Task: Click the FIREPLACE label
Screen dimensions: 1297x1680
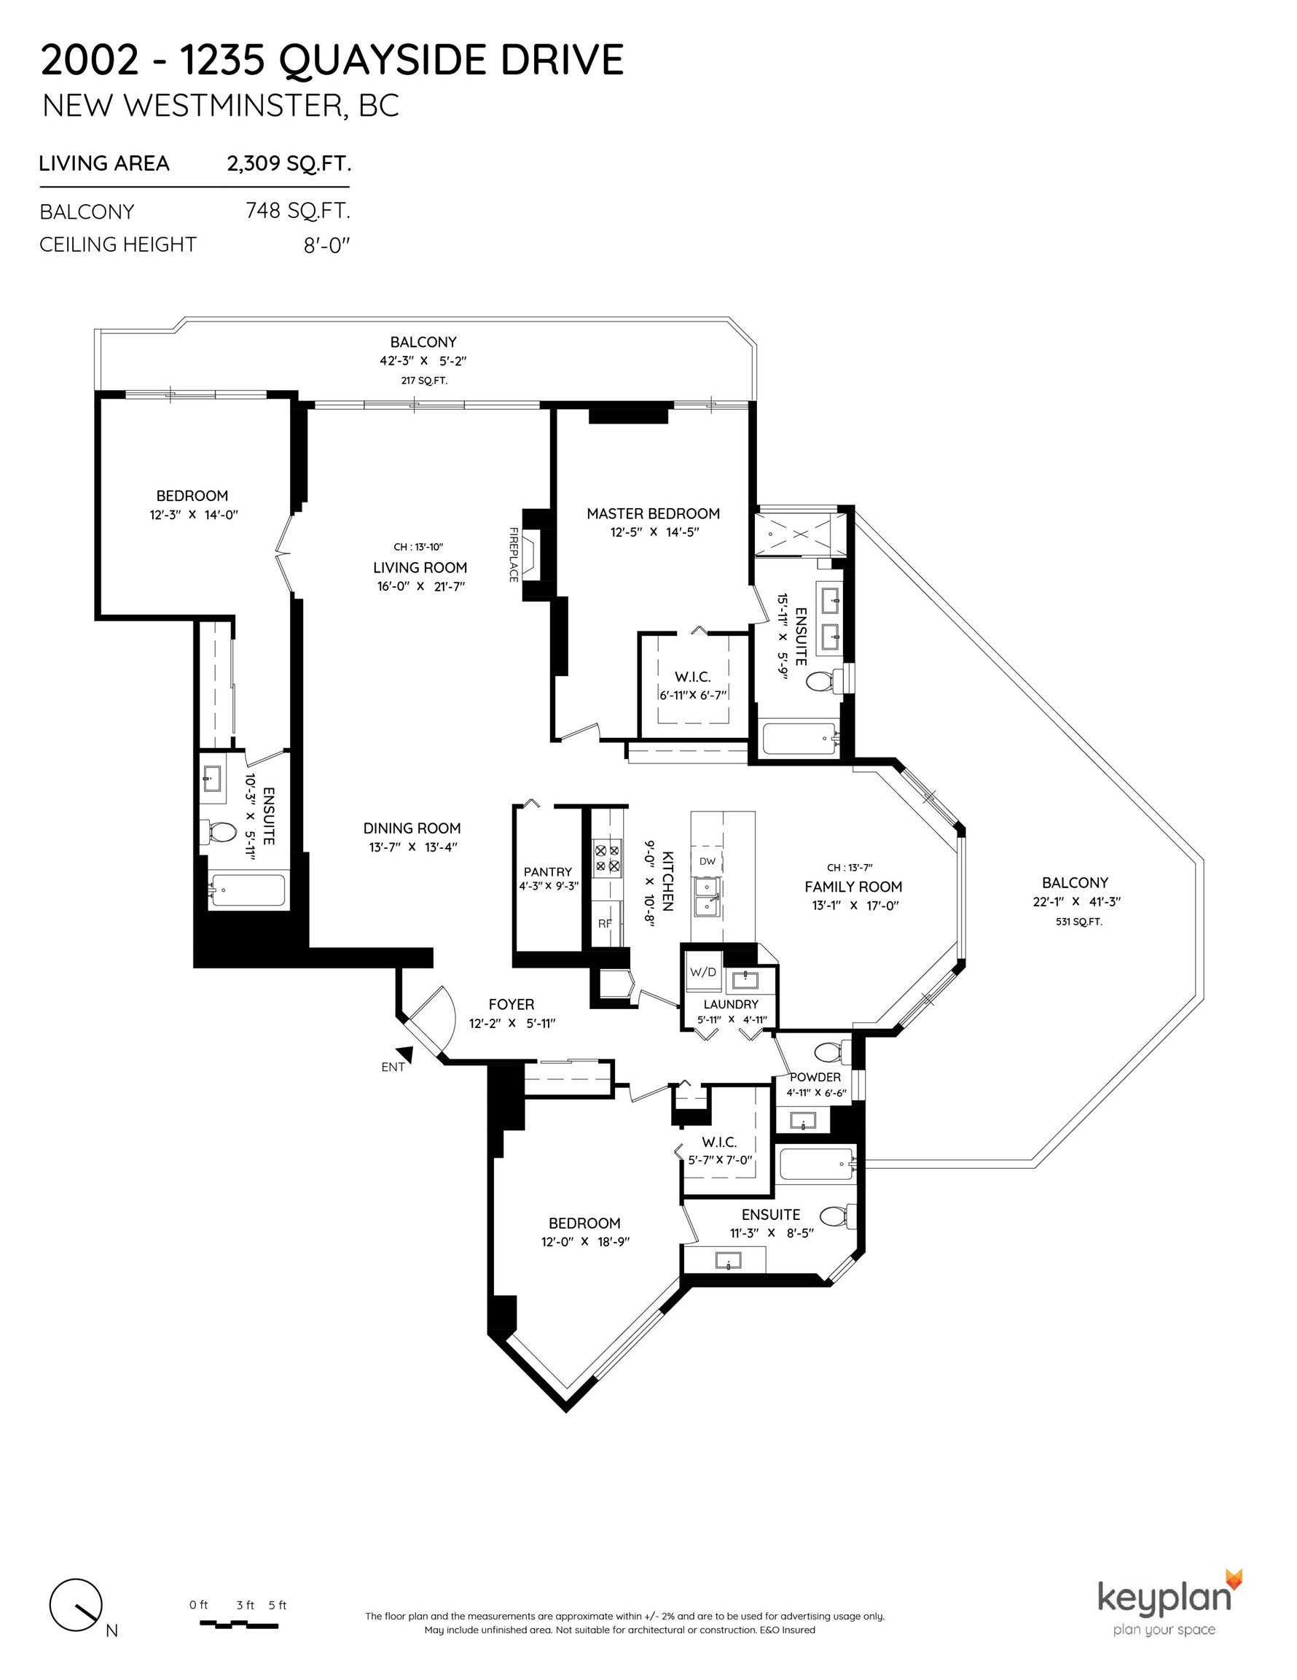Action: pos(514,554)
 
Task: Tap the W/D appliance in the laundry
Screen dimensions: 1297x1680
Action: pos(702,971)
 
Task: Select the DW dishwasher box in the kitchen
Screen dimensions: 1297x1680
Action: pos(708,860)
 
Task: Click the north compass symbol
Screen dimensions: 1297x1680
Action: pos(75,1606)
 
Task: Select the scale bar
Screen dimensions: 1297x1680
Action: pos(239,1624)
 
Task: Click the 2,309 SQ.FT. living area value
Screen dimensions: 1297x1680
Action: pos(289,163)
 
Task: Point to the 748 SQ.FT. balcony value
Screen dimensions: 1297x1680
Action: pos(297,210)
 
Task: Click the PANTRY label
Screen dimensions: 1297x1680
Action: pos(547,871)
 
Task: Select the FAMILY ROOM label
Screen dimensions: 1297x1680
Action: pos(853,886)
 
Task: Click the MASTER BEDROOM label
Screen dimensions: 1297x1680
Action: pos(654,513)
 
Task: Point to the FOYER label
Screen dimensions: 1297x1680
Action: pos(512,1004)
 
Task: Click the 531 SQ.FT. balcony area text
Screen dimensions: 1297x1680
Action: pos(1078,921)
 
